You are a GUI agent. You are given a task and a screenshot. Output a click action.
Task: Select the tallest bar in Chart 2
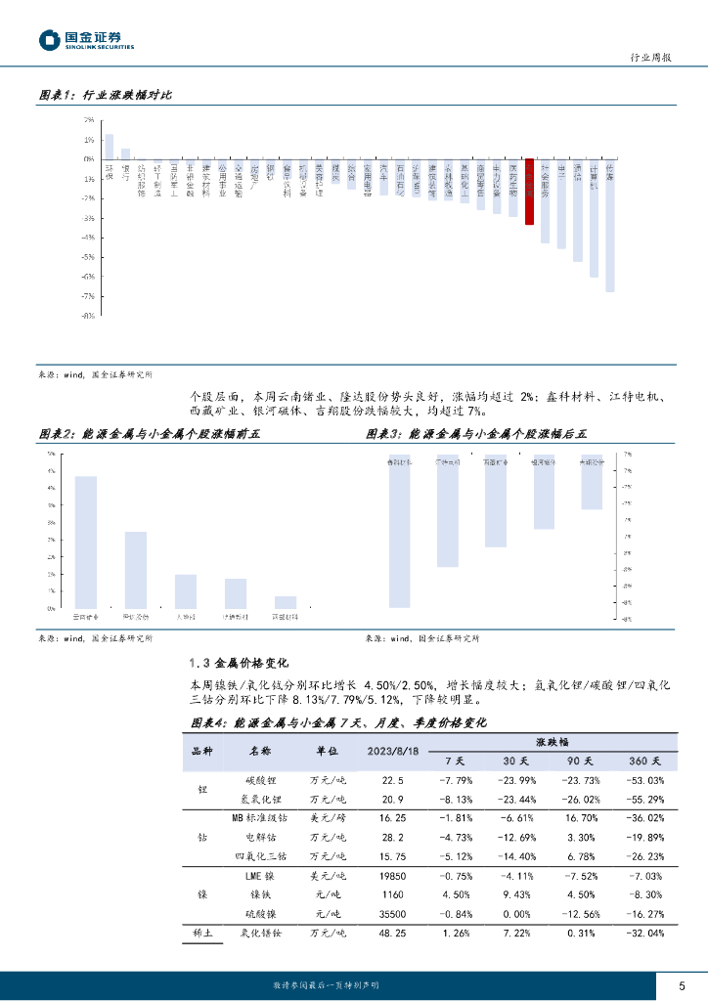[x=86, y=542]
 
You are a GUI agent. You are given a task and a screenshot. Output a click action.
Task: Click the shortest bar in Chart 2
[x=286, y=602]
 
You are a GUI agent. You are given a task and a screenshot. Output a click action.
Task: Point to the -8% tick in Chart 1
[x=89, y=316]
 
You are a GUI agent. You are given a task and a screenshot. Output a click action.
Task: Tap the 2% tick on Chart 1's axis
[x=89, y=119]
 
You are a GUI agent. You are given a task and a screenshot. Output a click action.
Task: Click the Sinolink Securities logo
[x=86, y=40]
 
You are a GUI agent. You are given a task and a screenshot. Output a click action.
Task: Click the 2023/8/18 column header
[x=392, y=751]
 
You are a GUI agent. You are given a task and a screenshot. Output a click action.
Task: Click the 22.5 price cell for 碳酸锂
[x=392, y=780]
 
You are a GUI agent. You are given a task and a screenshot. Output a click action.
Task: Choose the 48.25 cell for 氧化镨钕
[x=392, y=935]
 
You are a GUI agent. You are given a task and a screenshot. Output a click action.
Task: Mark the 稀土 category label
[x=203, y=935]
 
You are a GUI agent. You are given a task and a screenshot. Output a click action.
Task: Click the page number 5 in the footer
[x=683, y=985]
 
